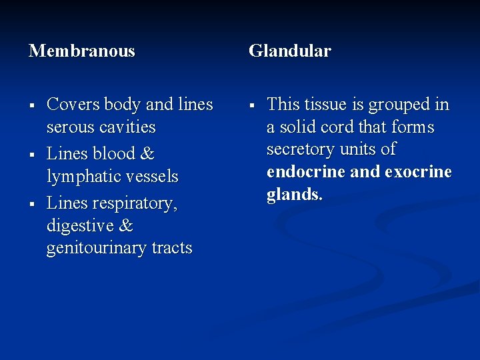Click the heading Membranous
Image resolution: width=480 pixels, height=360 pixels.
pyautogui.click(x=81, y=51)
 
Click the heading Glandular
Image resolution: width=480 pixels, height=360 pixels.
pyautogui.click(x=289, y=51)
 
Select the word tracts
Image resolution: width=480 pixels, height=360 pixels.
pyautogui.click(x=171, y=249)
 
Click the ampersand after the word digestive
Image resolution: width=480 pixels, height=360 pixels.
pyautogui.click(x=125, y=226)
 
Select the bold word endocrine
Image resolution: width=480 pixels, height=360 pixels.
pyautogui.click(x=305, y=172)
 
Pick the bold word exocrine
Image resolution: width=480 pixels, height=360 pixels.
pyautogui.click(x=417, y=172)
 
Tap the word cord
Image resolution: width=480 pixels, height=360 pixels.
pyautogui.click(x=338, y=127)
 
